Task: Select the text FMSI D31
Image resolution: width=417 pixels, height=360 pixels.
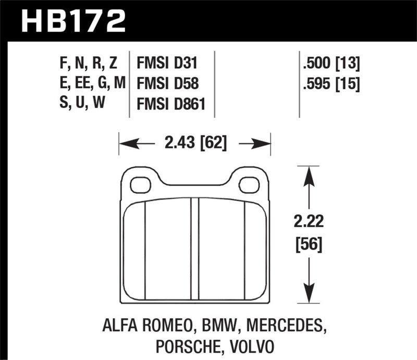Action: (x=167, y=64)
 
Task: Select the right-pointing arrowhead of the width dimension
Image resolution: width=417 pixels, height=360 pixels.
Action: (x=265, y=142)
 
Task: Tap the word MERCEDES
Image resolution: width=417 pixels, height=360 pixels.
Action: (x=280, y=327)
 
